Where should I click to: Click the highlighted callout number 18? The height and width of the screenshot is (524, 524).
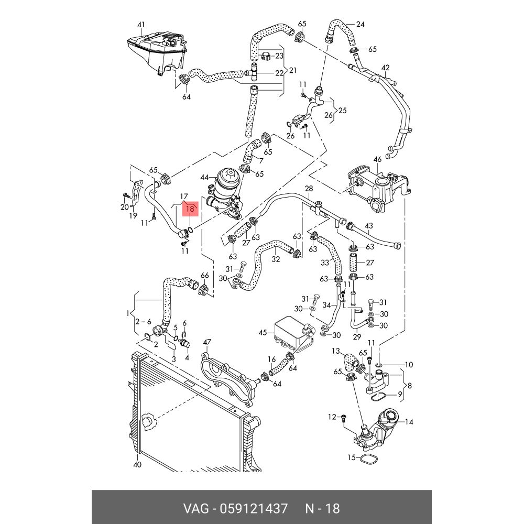[x=190, y=209]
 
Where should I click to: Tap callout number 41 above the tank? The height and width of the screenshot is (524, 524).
[x=141, y=25]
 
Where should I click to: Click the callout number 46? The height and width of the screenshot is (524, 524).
[x=377, y=159]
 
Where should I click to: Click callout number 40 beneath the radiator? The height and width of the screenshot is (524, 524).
[x=137, y=465]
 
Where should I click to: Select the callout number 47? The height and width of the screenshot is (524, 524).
[x=206, y=343]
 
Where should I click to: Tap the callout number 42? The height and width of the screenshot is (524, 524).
[x=386, y=68]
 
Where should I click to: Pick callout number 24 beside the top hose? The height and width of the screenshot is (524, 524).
[x=360, y=25]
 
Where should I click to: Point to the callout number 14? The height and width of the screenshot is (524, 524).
[x=409, y=422]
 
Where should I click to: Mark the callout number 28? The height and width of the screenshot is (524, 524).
[x=309, y=188]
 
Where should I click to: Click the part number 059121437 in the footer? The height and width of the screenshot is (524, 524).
[x=253, y=508]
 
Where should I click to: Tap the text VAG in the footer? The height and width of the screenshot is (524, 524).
[x=195, y=508]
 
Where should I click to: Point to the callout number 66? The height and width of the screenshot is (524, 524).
[x=204, y=276]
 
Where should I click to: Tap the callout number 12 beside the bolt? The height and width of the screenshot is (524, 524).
[x=332, y=417]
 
